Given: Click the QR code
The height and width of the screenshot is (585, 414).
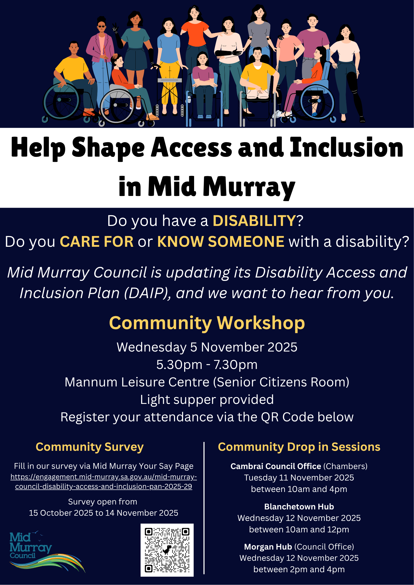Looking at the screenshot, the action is [167, 550].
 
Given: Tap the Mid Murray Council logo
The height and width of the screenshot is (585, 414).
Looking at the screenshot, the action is [47, 551].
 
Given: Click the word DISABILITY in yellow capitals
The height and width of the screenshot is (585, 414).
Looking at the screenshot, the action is [254, 221].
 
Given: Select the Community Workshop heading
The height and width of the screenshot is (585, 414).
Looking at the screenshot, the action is [207, 323].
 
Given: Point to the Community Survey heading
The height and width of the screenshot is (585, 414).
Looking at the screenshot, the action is [90, 447].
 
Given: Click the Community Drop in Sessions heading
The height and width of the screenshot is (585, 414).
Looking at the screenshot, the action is [299, 447].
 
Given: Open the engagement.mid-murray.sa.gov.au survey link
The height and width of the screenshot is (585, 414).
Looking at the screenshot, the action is [104, 482].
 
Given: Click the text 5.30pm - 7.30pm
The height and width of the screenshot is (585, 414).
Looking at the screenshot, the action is [207, 365].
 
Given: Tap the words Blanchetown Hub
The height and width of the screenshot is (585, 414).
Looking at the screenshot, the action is [299, 507].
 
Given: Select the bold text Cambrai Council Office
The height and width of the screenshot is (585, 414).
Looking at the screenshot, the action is [276, 466].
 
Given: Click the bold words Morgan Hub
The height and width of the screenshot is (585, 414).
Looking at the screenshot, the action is [268, 547].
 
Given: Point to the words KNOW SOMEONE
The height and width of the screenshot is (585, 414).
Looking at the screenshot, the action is [221, 242].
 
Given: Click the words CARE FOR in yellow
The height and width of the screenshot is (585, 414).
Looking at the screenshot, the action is [97, 242].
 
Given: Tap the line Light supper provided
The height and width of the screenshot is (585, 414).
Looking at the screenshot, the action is [207, 400].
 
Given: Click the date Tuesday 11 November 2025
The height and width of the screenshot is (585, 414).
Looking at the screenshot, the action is [299, 478].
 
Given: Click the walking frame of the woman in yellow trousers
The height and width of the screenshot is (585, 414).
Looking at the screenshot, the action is [170, 96].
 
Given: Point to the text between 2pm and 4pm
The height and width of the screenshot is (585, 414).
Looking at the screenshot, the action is [299, 570].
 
